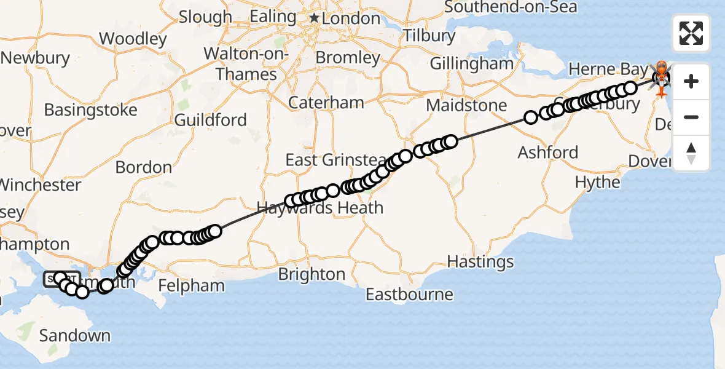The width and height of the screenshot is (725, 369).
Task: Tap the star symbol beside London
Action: [315, 18]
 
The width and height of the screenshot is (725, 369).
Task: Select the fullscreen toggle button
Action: [691, 33]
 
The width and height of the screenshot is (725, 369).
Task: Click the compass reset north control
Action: [691, 153]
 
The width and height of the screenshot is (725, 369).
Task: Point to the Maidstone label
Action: [466, 105]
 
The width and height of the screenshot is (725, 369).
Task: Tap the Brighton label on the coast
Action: [312, 274]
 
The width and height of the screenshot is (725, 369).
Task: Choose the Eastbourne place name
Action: [409, 295]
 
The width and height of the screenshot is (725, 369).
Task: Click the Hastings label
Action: [480, 262]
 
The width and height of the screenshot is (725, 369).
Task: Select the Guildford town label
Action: [210, 119]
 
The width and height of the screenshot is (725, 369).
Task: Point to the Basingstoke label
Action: [90, 111]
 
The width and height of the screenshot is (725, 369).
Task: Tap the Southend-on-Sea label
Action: [511, 7]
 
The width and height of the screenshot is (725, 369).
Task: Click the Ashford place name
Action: [548, 152]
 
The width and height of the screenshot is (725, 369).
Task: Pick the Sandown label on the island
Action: [75, 336]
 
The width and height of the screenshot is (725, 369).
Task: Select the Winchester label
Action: [41, 184]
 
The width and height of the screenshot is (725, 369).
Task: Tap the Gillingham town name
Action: [471, 63]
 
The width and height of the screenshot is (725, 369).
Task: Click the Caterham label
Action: [326, 102]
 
